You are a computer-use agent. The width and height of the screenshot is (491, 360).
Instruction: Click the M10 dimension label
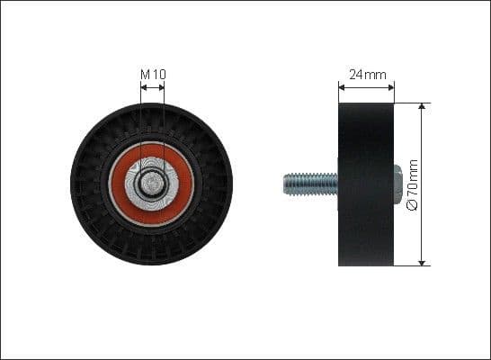coord(152,73)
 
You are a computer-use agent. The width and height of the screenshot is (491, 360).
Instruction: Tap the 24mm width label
coord(366,76)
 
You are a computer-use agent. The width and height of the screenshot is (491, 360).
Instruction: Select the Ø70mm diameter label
coord(414,184)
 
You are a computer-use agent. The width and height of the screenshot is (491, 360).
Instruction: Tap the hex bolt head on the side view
coord(397,184)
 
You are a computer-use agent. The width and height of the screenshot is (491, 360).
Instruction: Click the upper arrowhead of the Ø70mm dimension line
coord(422,107)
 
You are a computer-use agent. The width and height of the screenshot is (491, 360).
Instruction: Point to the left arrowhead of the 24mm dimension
coord(342,87)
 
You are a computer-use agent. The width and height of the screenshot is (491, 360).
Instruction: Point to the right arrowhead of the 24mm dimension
coord(391,87)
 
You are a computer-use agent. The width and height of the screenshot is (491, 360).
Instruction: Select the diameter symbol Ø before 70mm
coord(414,205)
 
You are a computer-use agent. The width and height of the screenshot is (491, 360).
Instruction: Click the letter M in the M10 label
coord(145,73)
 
